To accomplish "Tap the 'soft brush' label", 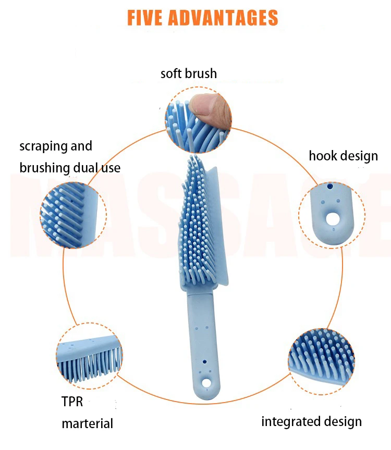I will click(x=188, y=73).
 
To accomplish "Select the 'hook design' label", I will click(x=343, y=156).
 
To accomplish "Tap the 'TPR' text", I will click(x=72, y=402).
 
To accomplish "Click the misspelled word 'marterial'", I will click(x=87, y=423).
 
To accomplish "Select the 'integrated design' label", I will click(x=311, y=421).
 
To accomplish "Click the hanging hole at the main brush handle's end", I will click(x=206, y=383).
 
